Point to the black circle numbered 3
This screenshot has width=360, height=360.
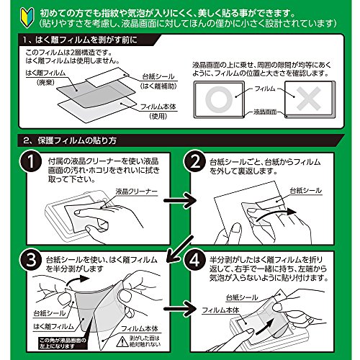[24, 257]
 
